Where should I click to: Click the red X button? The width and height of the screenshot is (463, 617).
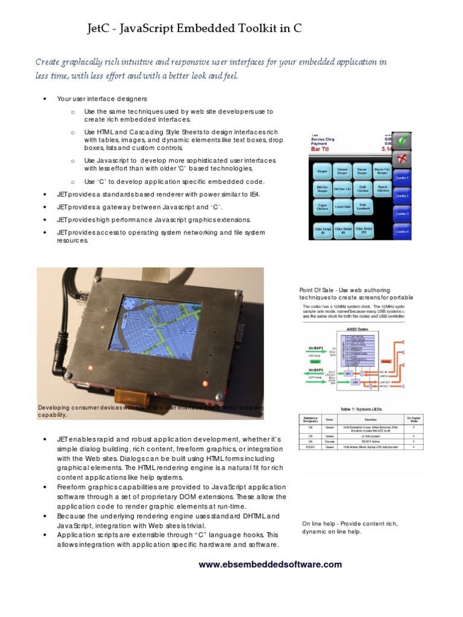(402, 160)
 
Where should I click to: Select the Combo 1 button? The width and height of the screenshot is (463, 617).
(402, 178)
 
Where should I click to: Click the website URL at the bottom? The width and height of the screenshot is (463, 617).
(270, 565)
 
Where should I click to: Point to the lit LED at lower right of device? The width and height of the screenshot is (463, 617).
(206, 383)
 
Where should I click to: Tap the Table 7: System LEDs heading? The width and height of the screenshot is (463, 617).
(361, 409)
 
